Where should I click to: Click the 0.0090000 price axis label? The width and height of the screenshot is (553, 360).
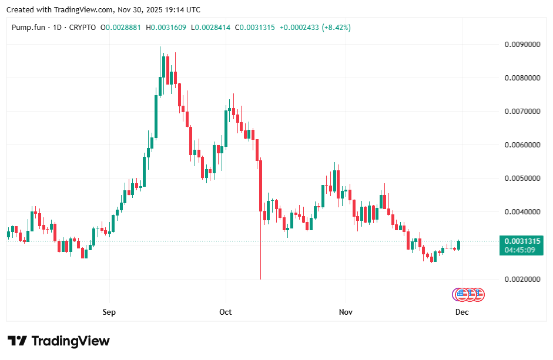[x=523, y=45]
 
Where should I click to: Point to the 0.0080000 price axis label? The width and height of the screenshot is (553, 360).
[x=523, y=78]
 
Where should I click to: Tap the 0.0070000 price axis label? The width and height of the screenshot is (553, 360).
[x=523, y=112]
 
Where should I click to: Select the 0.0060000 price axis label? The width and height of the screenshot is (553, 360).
[x=523, y=145]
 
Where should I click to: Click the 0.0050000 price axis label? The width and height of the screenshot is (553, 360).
[x=523, y=179]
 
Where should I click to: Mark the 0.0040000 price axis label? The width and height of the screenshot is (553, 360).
[x=523, y=212]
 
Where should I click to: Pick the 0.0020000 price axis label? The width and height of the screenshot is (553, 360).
[x=523, y=279]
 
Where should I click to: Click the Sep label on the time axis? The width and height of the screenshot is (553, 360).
[x=109, y=312]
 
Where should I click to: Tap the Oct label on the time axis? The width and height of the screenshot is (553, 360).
[x=226, y=312]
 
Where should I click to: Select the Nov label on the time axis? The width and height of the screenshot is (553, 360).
[x=346, y=312]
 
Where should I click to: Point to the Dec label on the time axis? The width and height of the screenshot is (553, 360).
[x=462, y=312]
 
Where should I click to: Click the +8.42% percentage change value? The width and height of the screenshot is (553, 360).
[x=336, y=28]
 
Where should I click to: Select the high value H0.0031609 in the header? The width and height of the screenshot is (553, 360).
[x=169, y=28]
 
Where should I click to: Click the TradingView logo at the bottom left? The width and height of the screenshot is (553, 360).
[x=59, y=341]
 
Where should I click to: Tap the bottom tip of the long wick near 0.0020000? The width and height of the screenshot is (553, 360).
[x=260, y=279]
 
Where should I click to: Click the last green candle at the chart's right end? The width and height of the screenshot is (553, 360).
[x=458, y=245]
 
